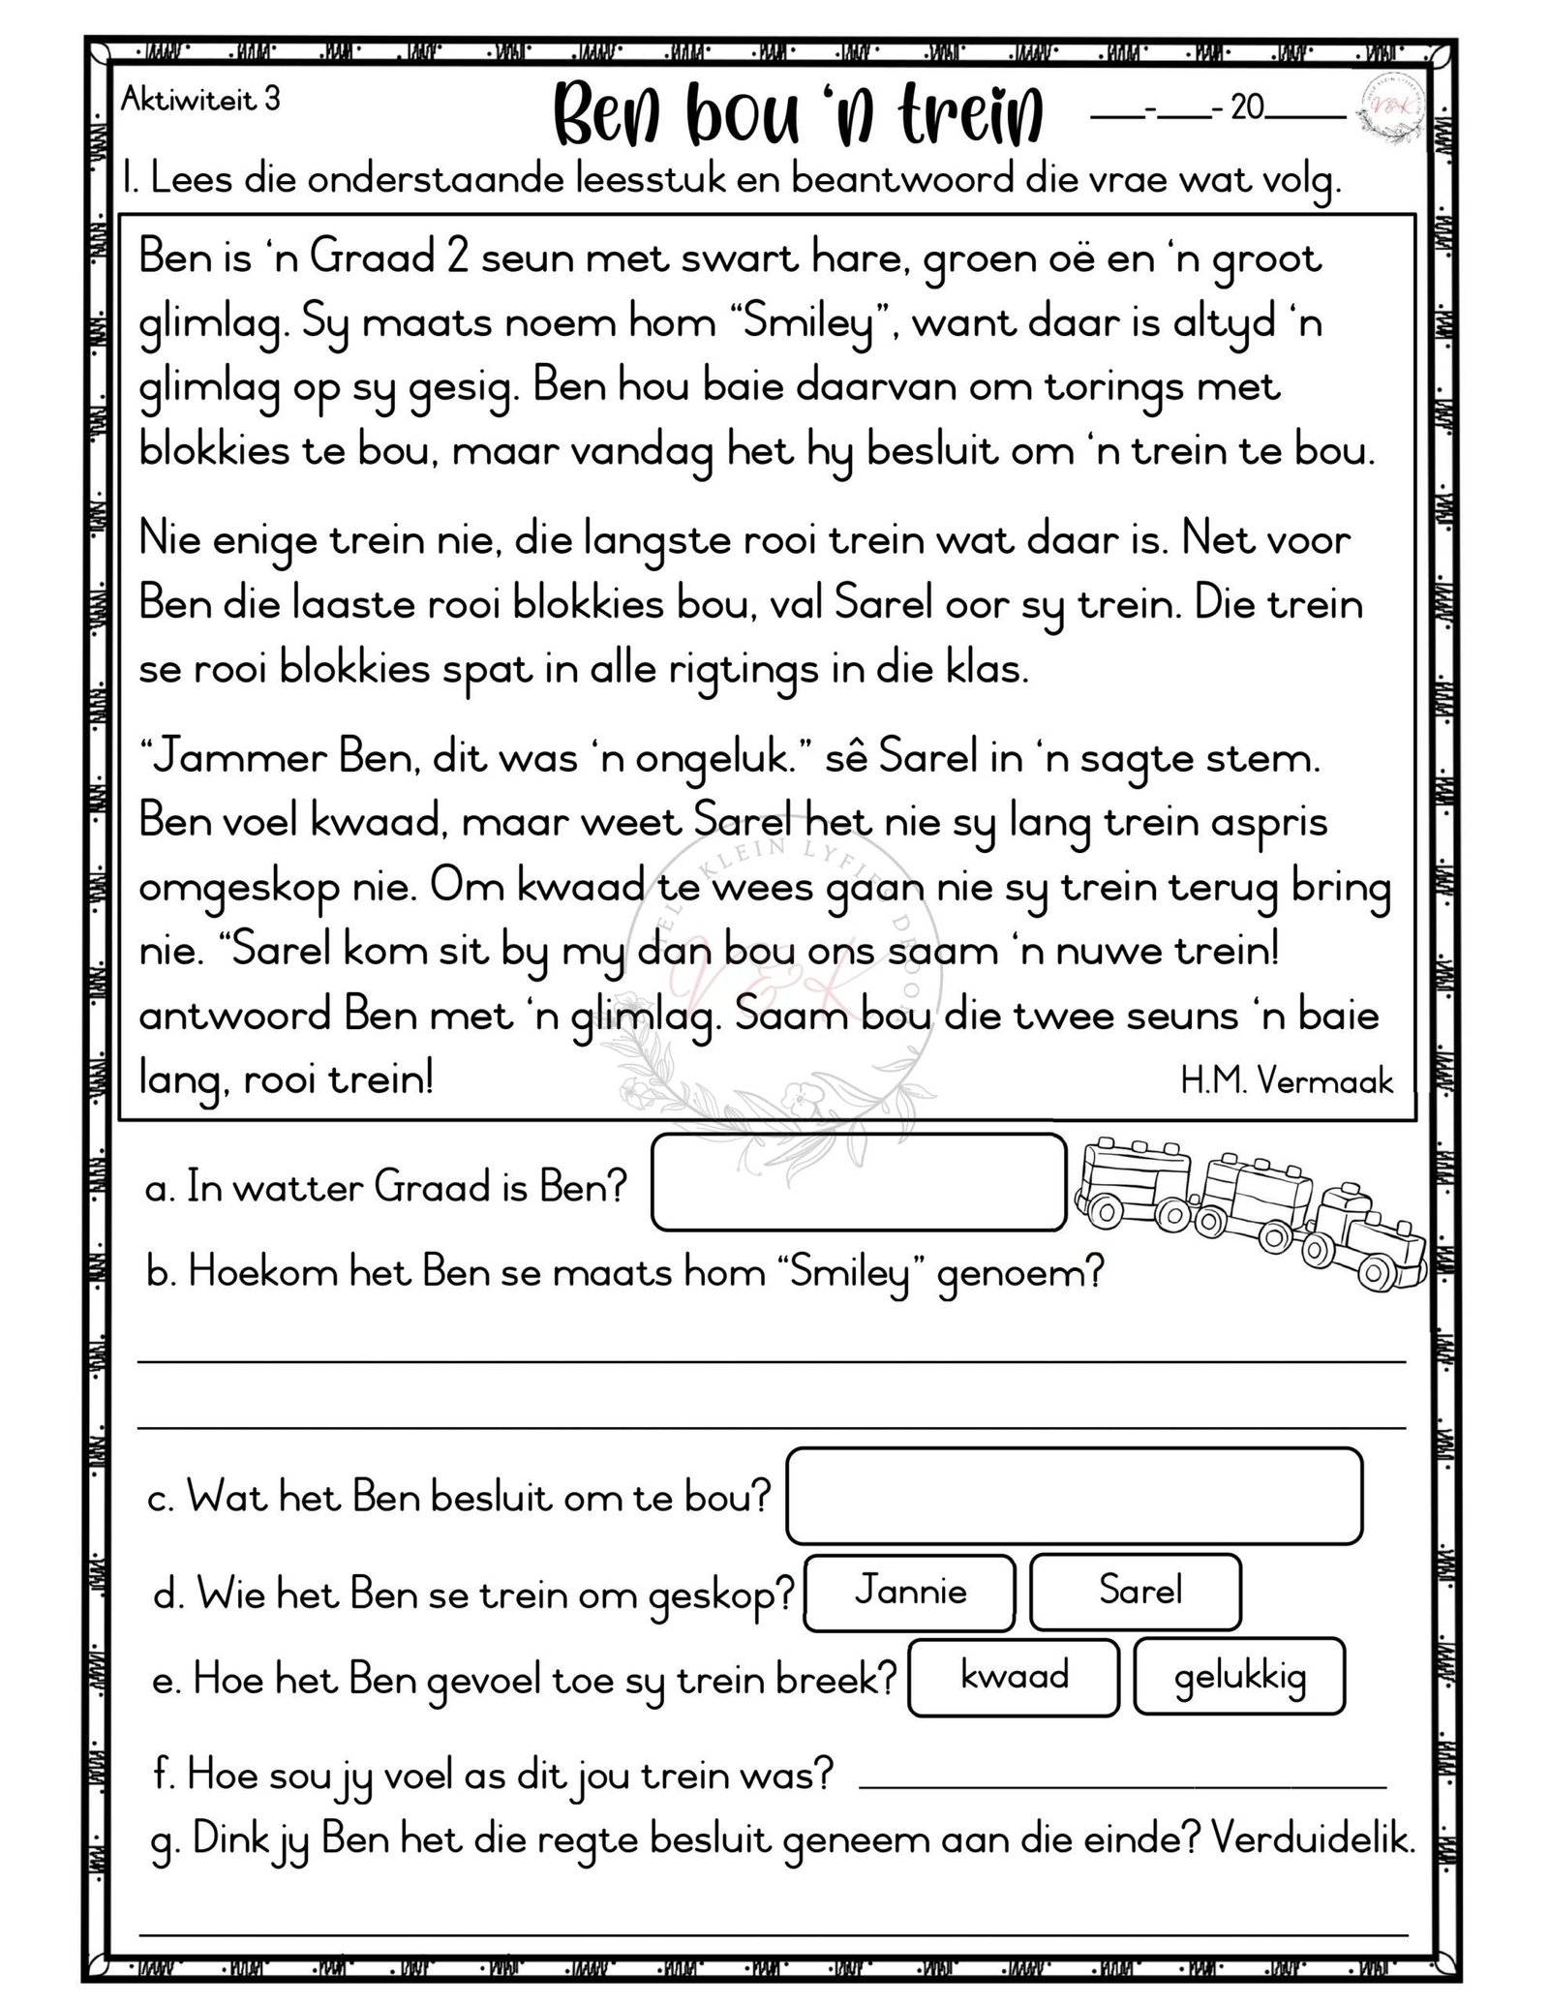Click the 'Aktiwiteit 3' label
(200, 100)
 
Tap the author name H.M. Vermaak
(1286, 1081)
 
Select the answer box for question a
(858, 1182)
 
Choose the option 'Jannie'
(910, 1592)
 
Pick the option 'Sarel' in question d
(1135, 1592)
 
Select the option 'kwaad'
(1014, 1676)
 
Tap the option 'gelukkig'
(1239, 1676)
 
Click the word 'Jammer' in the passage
(234, 759)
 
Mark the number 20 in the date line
(1248, 107)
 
